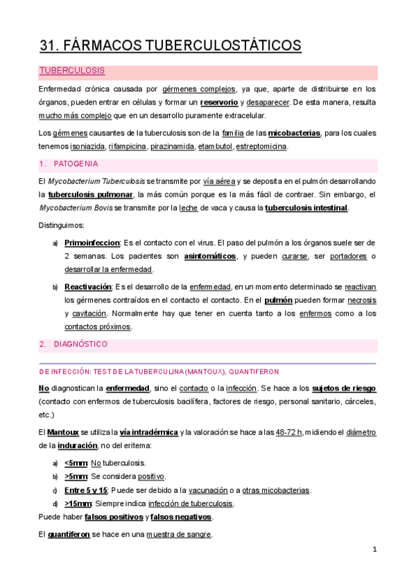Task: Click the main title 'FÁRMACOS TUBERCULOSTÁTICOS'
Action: (x=182, y=46)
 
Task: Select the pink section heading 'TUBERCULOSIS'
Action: (x=72, y=71)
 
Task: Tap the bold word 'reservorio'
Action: (x=218, y=102)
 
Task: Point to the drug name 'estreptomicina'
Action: (x=261, y=147)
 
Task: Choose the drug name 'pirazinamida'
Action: (x=172, y=147)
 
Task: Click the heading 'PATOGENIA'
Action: (x=76, y=164)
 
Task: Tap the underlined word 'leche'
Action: (x=189, y=208)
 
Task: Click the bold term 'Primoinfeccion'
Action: (x=92, y=243)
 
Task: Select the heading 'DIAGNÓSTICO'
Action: (x=80, y=344)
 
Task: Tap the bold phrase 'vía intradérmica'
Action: (x=148, y=433)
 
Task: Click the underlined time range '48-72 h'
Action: (x=289, y=433)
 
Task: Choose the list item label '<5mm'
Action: (x=76, y=463)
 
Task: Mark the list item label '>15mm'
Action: (x=78, y=504)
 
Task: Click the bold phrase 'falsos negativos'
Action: (x=182, y=517)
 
